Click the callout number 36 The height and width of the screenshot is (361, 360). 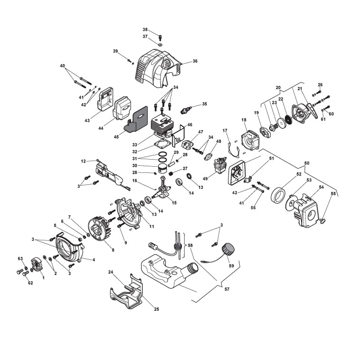pyautogui.click(x=195, y=61)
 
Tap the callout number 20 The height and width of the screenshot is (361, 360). pyautogui.click(x=278, y=87)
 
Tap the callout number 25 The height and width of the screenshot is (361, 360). pyautogui.click(x=156, y=309)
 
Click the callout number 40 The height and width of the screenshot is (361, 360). pyautogui.click(x=63, y=66)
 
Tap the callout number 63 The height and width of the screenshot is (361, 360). pyautogui.click(x=20, y=258)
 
